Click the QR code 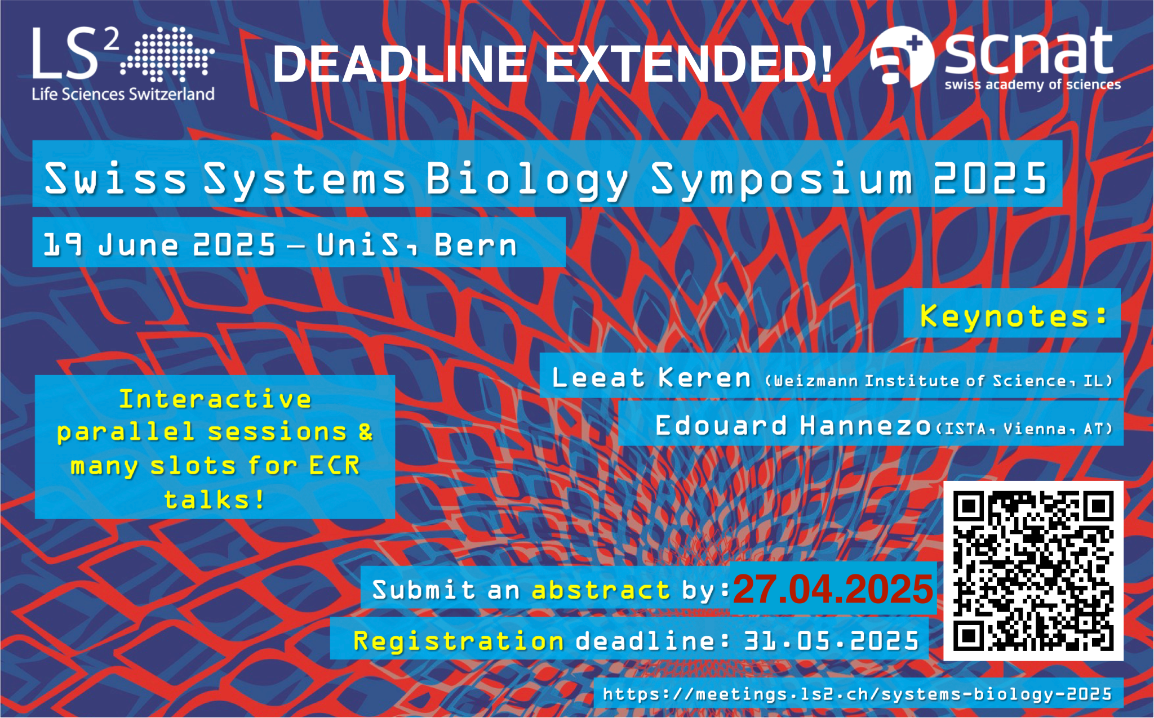(x=1033, y=570)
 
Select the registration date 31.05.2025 (x=832, y=641)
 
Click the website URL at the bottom (x=858, y=694)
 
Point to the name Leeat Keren (x=651, y=377)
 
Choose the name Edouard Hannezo (x=792, y=426)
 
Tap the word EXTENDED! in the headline (x=688, y=64)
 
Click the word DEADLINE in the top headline (x=400, y=64)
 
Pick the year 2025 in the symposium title (x=990, y=178)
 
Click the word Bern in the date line (x=475, y=246)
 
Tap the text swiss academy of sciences (x=1032, y=84)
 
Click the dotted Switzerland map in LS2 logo (x=167, y=53)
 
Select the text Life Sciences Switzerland (x=123, y=93)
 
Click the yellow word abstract (x=601, y=590)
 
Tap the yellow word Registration (x=458, y=641)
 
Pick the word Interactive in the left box (x=215, y=399)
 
